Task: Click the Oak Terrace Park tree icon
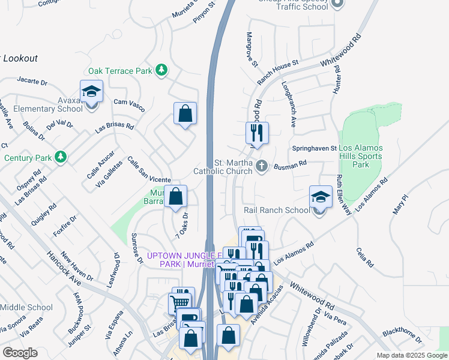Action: [x=161, y=71]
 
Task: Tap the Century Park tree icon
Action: [x=60, y=158]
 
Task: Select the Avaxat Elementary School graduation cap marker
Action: [x=91, y=93]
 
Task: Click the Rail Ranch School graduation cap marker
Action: [x=321, y=197]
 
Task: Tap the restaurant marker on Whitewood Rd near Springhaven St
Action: [x=258, y=133]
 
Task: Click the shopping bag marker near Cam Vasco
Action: [x=185, y=113]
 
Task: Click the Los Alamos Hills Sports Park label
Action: [x=361, y=156]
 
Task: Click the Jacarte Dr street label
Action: [x=32, y=80]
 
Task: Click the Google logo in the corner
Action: [x=20, y=353]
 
